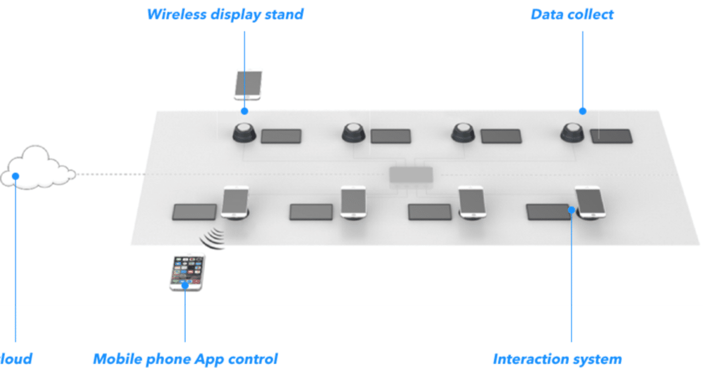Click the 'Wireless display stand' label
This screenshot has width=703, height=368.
(225, 14)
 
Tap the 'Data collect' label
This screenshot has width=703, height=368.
(572, 14)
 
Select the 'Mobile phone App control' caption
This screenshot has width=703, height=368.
(185, 359)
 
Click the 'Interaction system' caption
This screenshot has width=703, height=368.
(557, 359)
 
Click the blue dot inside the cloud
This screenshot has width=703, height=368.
(16, 176)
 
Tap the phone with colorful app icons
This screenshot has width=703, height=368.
(187, 272)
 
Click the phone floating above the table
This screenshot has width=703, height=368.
(248, 85)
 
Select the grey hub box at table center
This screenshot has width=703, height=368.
(411, 175)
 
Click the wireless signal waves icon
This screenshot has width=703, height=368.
(214, 238)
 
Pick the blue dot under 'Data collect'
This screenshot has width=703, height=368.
(583, 111)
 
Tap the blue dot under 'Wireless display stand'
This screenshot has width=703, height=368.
(244, 111)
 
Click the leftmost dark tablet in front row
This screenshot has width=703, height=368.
(194, 212)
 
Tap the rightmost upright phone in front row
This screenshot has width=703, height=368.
(589, 202)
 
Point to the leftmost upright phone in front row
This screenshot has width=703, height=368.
(235, 202)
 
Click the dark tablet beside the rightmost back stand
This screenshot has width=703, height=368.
(611, 136)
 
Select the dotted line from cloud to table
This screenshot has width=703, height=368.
(110, 175)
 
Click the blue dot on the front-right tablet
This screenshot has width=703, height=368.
(571, 209)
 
